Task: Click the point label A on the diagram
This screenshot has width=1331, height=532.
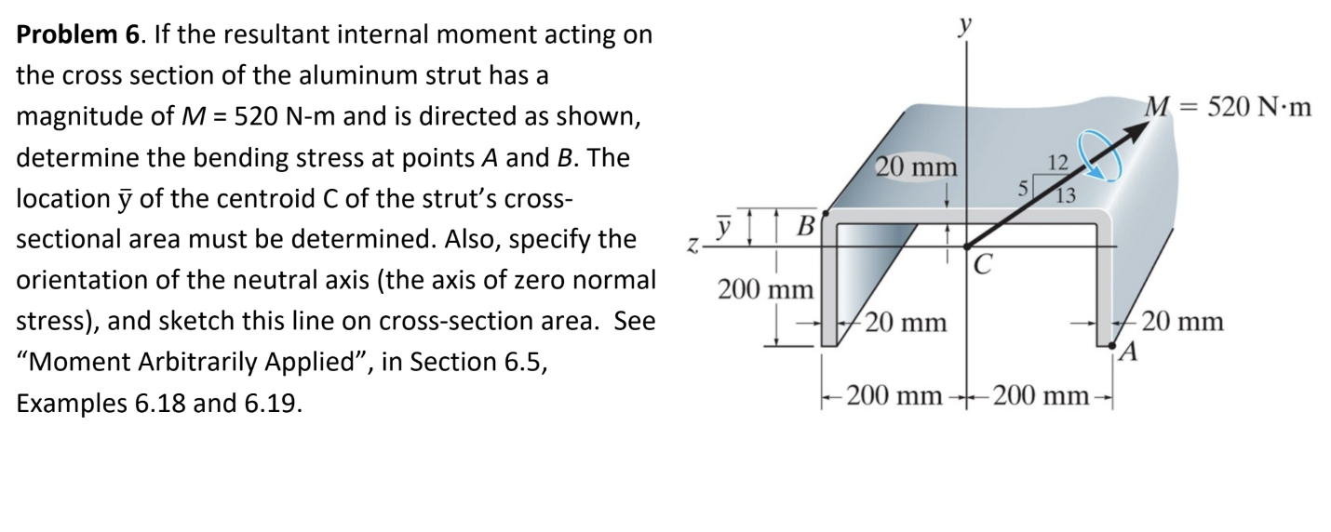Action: (x=1129, y=352)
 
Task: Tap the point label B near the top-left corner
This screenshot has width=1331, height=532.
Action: (x=808, y=225)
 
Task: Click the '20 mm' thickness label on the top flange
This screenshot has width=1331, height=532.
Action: (x=916, y=169)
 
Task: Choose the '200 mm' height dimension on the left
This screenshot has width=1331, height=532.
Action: (x=766, y=288)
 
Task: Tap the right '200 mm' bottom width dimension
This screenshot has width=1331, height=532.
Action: (x=1039, y=398)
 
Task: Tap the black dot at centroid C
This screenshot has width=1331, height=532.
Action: (x=966, y=246)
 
